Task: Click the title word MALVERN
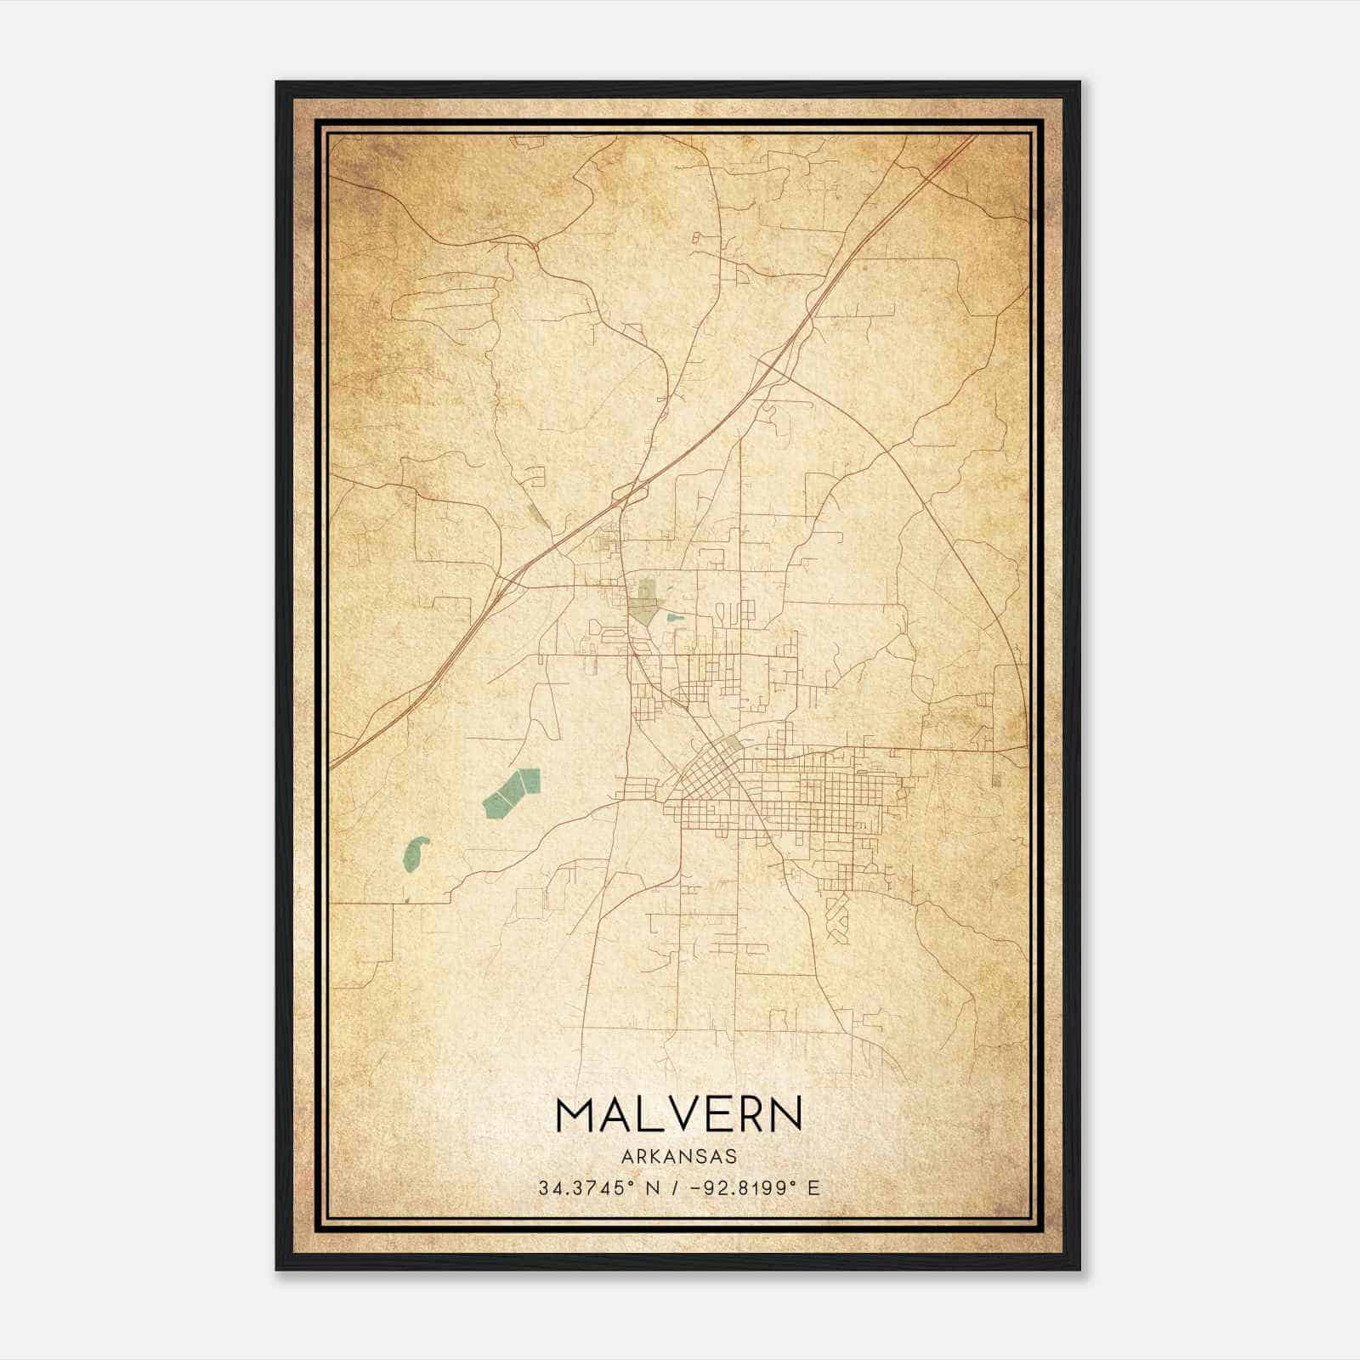(x=679, y=1114)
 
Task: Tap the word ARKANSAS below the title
(x=679, y=1157)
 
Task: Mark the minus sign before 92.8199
(x=697, y=1188)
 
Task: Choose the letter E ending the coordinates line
(x=814, y=1188)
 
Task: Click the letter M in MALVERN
(x=576, y=1114)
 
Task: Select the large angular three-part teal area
(x=510, y=792)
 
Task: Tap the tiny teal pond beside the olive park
(x=675, y=617)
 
